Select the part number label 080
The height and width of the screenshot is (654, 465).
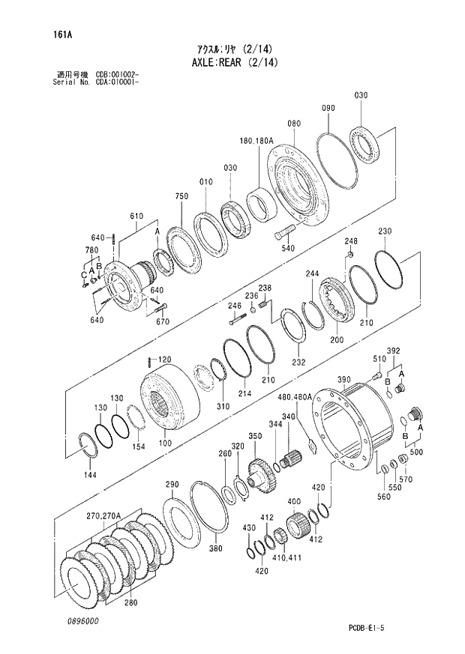[x=293, y=124]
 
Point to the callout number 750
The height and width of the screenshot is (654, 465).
[x=181, y=196]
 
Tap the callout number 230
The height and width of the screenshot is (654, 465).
[x=384, y=231]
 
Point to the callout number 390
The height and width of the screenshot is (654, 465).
[x=343, y=381]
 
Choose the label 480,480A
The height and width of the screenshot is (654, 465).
[x=294, y=397]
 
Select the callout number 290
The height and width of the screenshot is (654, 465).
[x=172, y=485]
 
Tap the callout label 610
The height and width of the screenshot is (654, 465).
[x=136, y=217]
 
